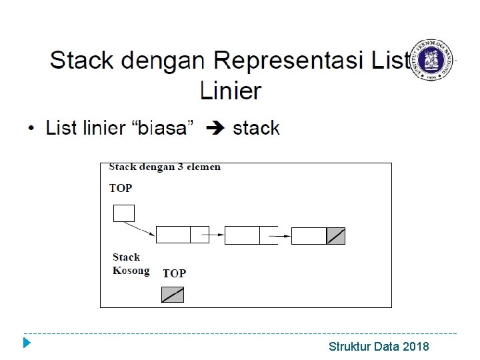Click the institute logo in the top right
(x=437, y=60)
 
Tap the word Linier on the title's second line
(x=231, y=91)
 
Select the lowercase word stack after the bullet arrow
(x=256, y=128)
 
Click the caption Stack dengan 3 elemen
(x=165, y=167)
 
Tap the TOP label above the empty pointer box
(x=121, y=188)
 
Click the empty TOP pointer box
(x=124, y=213)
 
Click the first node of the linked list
(x=181, y=235)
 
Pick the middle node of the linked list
(x=251, y=235)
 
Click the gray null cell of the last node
(x=336, y=236)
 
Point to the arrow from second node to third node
(x=283, y=235)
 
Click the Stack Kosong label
(x=131, y=264)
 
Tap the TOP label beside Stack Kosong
(x=174, y=273)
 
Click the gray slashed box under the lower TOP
(x=173, y=295)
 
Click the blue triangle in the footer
(x=26, y=344)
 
